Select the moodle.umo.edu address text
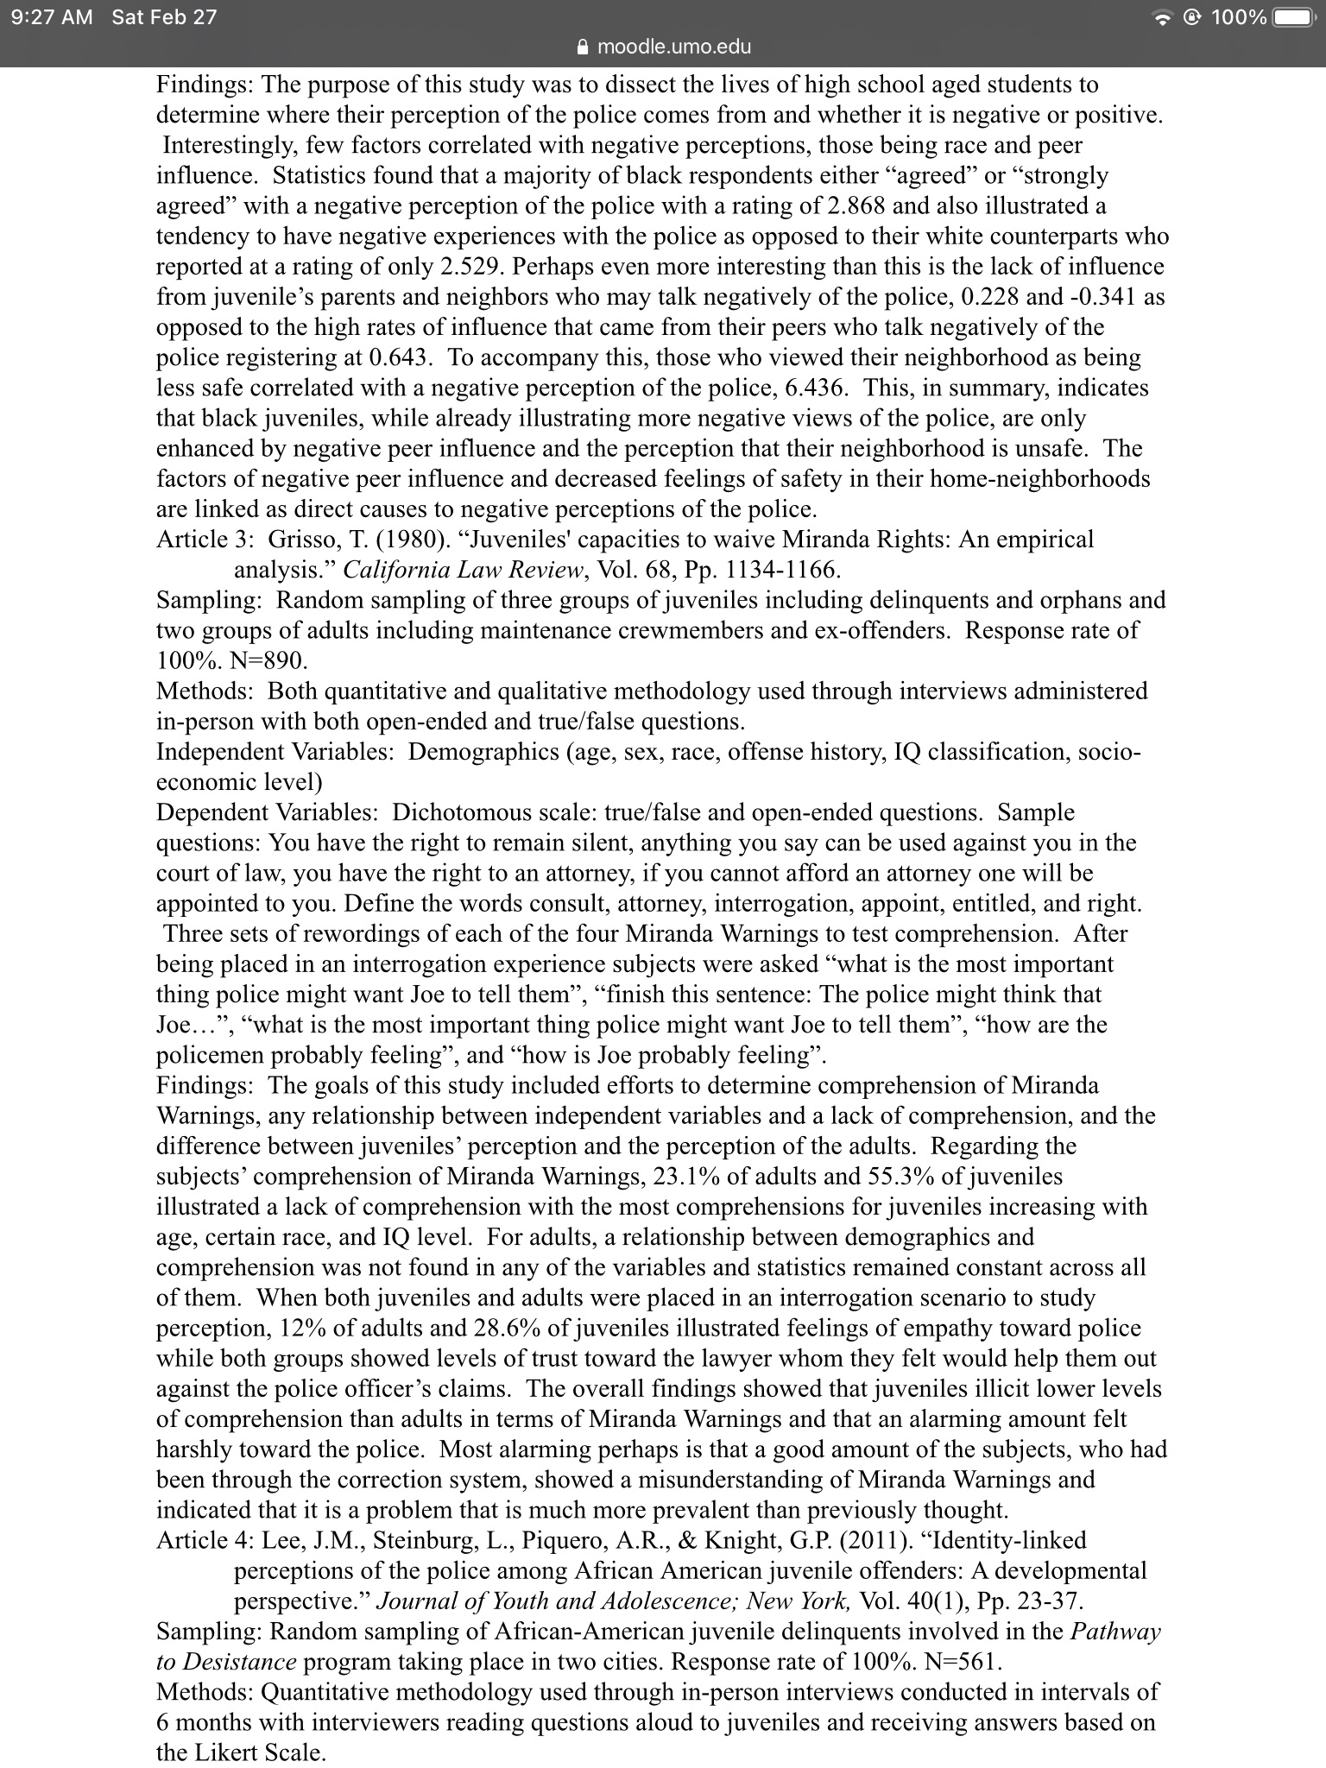(x=673, y=47)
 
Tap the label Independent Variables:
(x=275, y=753)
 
